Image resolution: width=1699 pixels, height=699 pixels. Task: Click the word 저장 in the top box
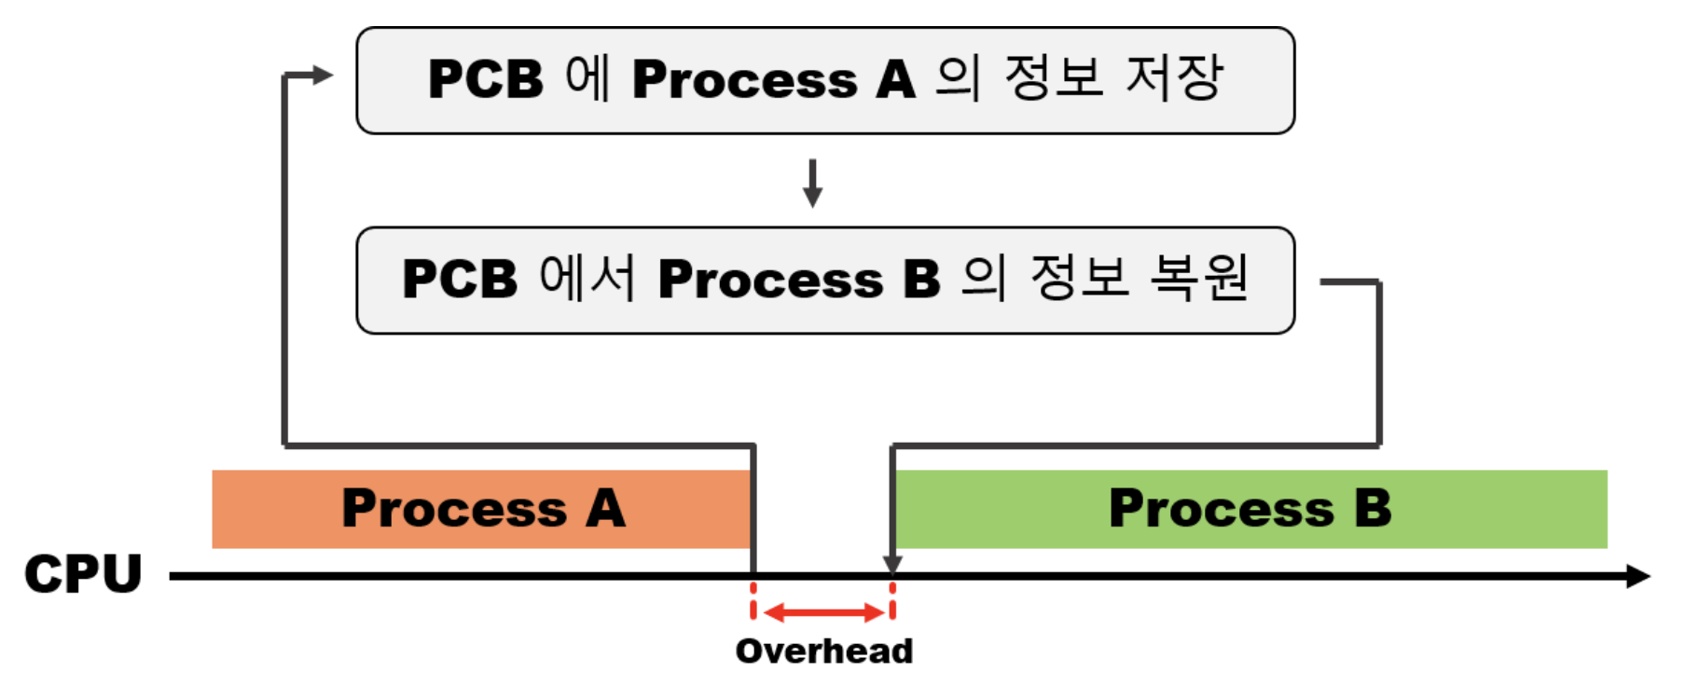[x=1174, y=77]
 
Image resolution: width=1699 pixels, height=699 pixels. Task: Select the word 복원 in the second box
[x=1199, y=277]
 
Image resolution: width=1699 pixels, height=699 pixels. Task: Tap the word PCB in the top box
[x=485, y=79]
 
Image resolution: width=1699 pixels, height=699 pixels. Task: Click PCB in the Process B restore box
[x=459, y=279]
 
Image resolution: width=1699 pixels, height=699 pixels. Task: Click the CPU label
[x=83, y=573]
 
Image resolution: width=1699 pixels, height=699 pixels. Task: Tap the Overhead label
[x=824, y=651]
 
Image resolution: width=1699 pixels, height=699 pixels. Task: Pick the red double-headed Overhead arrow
[x=823, y=612]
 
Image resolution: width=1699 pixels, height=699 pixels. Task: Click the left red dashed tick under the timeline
[x=753, y=601]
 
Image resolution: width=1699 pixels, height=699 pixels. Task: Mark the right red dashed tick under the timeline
[x=892, y=601]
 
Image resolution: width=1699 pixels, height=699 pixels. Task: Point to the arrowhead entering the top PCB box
[x=322, y=75]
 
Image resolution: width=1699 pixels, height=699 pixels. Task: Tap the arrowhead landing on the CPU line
[x=892, y=564]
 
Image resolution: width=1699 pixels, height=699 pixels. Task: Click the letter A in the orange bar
[x=605, y=509]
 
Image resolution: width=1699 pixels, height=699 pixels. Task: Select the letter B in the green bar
[x=1373, y=509]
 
